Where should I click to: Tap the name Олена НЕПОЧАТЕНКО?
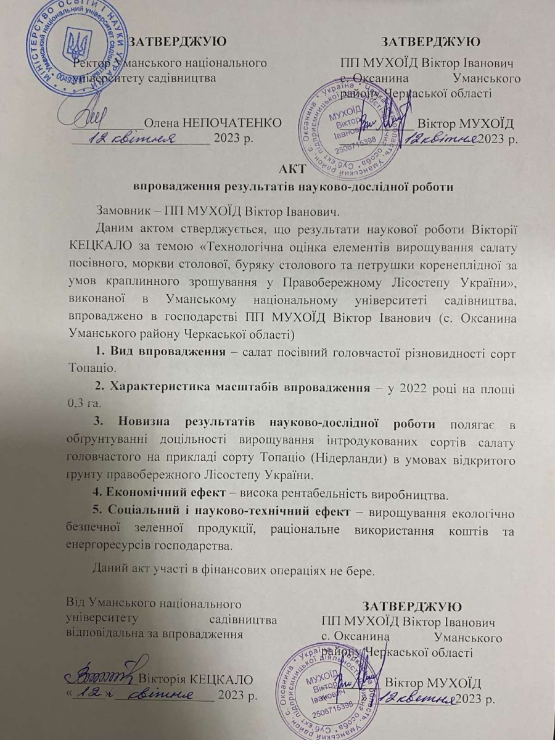coord(213,122)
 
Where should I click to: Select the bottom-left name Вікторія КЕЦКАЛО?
coord(196,680)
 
